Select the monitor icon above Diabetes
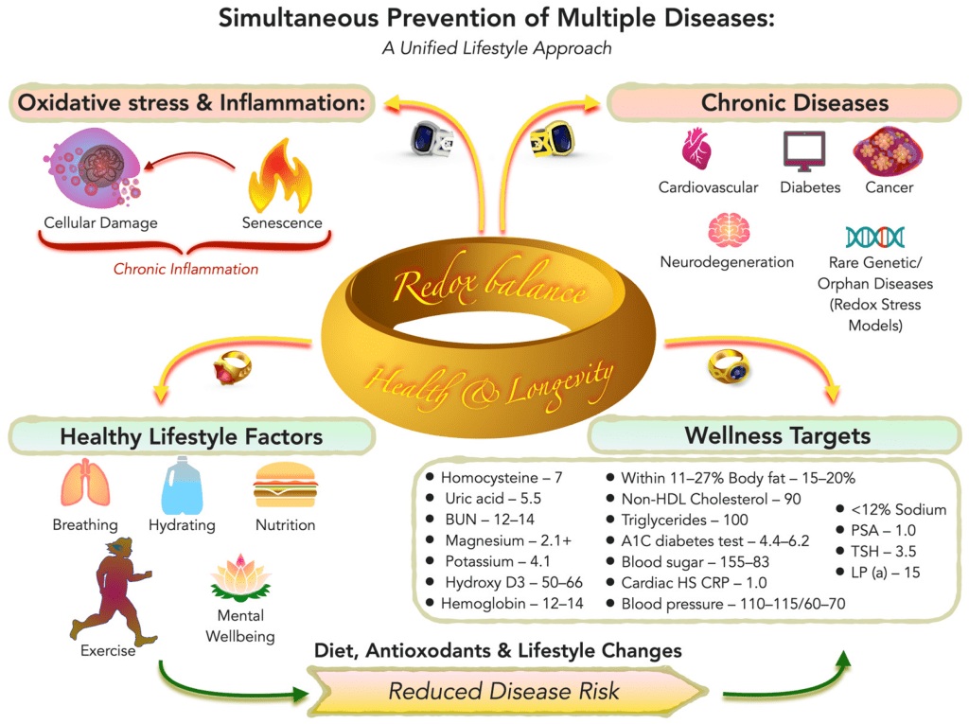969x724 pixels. pyautogui.click(x=804, y=151)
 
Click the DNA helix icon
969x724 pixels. pyautogui.click(x=874, y=236)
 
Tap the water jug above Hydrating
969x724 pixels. pyautogui.click(x=181, y=484)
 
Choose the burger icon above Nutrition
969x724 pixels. pyautogui.click(x=284, y=486)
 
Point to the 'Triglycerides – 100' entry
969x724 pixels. pyautogui.click(x=684, y=520)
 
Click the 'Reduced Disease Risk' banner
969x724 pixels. pyautogui.click(x=503, y=691)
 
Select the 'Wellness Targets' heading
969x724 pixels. pyautogui.click(x=777, y=436)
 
